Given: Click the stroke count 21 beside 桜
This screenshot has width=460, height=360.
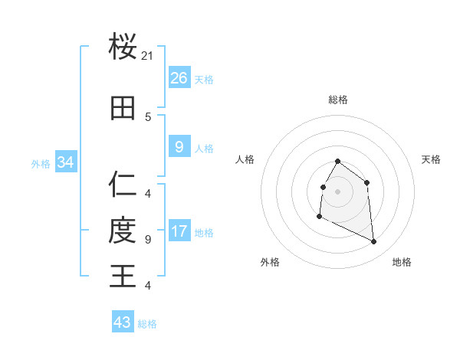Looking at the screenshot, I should click(x=148, y=56).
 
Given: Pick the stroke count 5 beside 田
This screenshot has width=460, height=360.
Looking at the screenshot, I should click(x=148, y=117).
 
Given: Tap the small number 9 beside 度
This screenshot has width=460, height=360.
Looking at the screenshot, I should click(x=148, y=240).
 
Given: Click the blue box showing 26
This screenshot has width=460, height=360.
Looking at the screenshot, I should click(x=179, y=78).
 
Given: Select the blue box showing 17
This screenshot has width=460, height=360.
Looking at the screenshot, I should click(x=179, y=231).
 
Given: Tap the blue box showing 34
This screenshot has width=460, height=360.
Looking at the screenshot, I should click(x=65, y=162).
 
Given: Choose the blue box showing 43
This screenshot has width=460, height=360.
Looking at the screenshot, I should click(x=122, y=322).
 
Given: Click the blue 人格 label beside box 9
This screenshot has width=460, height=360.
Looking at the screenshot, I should click(x=204, y=148).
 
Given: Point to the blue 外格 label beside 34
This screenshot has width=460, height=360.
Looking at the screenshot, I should click(x=41, y=163).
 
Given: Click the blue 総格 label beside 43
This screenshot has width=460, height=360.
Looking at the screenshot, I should click(x=147, y=324).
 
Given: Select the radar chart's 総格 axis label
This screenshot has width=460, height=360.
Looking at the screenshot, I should click(x=338, y=100).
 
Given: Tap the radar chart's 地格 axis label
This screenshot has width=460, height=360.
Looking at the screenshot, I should click(x=402, y=262).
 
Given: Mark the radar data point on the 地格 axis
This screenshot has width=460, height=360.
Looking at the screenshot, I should click(x=373, y=241).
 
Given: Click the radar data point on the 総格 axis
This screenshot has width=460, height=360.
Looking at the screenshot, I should click(x=337, y=162).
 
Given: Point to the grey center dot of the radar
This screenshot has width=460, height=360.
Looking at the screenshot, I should click(x=337, y=191).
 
